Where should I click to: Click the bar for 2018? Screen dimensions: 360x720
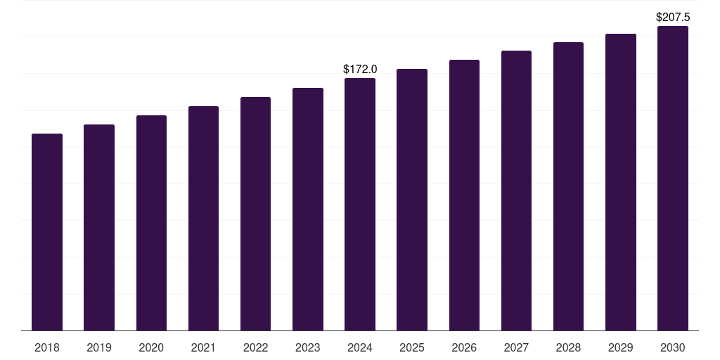pyautogui.click(x=47, y=232)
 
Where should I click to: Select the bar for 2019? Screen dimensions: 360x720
pyautogui.click(x=99, y=227)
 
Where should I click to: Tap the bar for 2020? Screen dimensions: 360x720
pyautogui.click(x=151, y=223)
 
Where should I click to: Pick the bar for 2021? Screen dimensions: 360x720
pyautogui.click(x=203, y=218)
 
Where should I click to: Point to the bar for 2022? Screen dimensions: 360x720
pyautogui.click(x=255, y=214)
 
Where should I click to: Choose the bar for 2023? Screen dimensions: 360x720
pyautogui.click(x=308, y=209)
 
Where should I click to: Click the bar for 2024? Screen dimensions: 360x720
pyautogui.click(x=360, y=204)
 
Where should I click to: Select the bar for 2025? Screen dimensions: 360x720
pyautogui.click(x=412, y=200)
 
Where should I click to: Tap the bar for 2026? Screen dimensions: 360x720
pyautogui.click(x=464, y=195)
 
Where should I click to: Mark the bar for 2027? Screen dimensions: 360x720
pyautogui.click(x=516, y=191)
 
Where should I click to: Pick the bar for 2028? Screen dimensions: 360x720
pyautogui.click(x=568, y=186)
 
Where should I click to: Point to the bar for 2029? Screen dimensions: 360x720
pyautogui.click(x=621, y=182)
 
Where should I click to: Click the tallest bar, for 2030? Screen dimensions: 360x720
pyautogui.click(x=673, y=178)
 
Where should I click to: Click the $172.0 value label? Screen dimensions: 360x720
pyautogui.click(x=360, y=70)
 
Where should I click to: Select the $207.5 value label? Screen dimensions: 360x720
pyautogui.click(x=673, y=17)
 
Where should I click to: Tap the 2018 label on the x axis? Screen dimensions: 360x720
pyautogui.click(x=47, y=347)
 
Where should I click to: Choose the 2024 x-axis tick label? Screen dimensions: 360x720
pyautogui.click(x=360, y=347)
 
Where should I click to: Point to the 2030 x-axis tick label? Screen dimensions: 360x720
pyautogui.click(x=673, y=347)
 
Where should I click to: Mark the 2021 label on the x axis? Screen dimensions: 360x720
pyautogui.click(x=203, y=347)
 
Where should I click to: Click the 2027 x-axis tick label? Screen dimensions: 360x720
pyautogui.click(x=516, y=347)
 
